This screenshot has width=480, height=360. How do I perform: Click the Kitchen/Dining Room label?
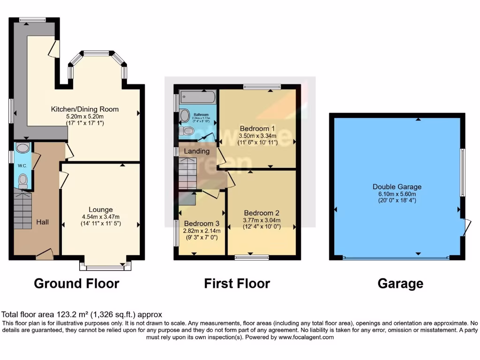[85, 109]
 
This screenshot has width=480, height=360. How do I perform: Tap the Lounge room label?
[101, 210]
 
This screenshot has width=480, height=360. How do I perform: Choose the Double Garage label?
[397, 187]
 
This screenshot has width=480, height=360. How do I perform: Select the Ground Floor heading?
[76, 283]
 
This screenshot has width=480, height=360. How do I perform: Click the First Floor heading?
[237, 283]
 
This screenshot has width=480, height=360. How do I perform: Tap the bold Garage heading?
[400, 283]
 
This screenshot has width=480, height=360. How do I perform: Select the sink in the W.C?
[22, 148]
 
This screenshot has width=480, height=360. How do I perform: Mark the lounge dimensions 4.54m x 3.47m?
[101, 217]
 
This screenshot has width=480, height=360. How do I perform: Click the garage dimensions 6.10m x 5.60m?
[397, 194]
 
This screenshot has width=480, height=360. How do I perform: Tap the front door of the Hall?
[45, 254]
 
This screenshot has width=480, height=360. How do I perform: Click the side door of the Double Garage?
[464, 227]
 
